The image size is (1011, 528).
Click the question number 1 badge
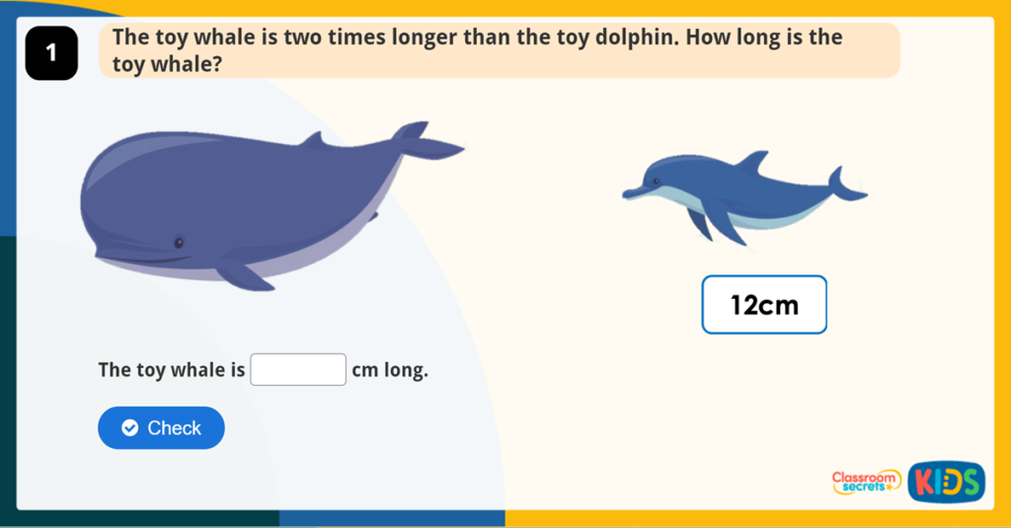pos(50,54)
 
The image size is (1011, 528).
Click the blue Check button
pos(161,427)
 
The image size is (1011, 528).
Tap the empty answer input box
pos(298,370)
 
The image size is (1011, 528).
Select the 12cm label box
pos(764,305)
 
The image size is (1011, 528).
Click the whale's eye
pos(179,242)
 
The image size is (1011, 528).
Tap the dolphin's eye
pos(657,181)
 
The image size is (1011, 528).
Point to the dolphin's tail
pos(845,187)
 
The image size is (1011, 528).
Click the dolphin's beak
pos(633,192)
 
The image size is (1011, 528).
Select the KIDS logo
pos(946,482)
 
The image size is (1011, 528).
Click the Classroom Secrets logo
pos(866,482)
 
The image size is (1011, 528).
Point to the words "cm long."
pos(390,371)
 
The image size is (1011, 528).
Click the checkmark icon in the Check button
pos(129,427)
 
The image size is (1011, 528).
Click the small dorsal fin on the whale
pos(313,140)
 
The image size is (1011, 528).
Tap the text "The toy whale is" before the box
pos(172,371)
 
